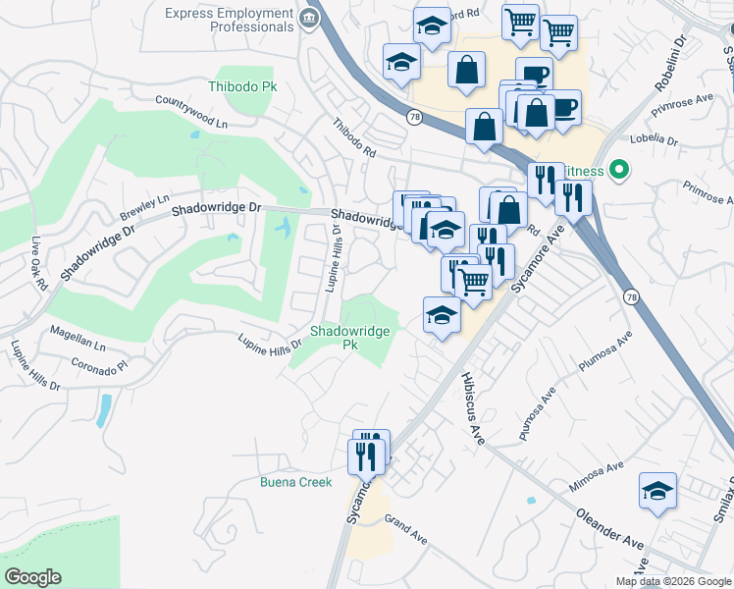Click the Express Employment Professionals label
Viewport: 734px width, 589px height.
[x=230, y=21]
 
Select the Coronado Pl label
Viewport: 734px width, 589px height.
[x=99, y=363]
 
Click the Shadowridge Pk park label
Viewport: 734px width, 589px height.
[x=349, y=338]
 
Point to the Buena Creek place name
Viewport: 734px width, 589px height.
[x=295, y=482]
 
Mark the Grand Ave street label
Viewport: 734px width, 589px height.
[x=405, y=529]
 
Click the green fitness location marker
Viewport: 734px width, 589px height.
[x=618, y=170]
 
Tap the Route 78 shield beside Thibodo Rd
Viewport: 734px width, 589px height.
[x=415, y=116]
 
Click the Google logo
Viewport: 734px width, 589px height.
[x=32, y=577]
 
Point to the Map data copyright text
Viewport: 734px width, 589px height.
[x=673, y=581]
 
